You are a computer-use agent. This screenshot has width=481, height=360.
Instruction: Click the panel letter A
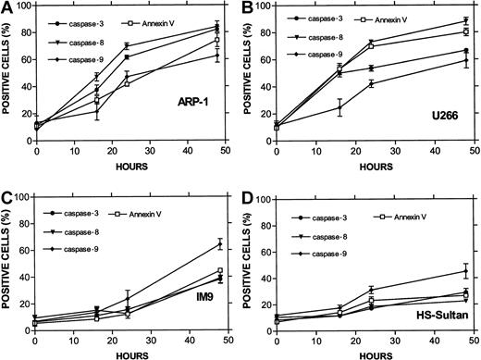pos(6,7)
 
